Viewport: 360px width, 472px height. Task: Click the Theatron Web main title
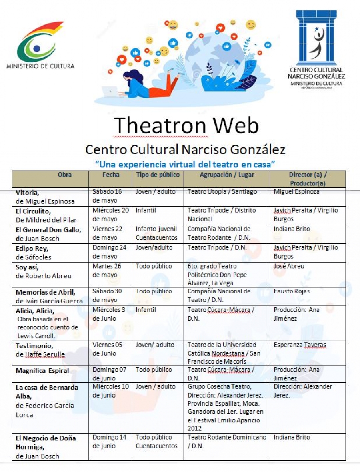pyautogui.click(x=186, y=125)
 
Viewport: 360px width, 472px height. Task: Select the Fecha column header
pyautogui.click(x=110, y=175)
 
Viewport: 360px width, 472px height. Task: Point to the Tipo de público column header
pyautogui.click(x=158, y=175)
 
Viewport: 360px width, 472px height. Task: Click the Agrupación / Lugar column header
pyautogui.click(x=227, y=175)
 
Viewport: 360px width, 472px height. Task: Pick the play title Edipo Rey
pyautogui.click(x=32, y=248)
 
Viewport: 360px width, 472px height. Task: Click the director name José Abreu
pyautogui.click(x=289, y=266)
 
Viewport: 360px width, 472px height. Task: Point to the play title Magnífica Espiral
pyautogui.click(x=42, y=371)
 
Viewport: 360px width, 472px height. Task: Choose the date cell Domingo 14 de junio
pyautogui.click(x=110, y=442)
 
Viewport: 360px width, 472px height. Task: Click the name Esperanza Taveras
pyautogui.click(x=300, y=345)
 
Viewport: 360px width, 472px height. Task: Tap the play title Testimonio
pyautogui.click(x=34, y=346)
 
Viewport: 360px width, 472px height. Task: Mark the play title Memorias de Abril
pyautogui.click(x=46, y=292)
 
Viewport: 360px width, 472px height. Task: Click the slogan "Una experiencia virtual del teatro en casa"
pyautogui.click(x=186, y=164)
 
